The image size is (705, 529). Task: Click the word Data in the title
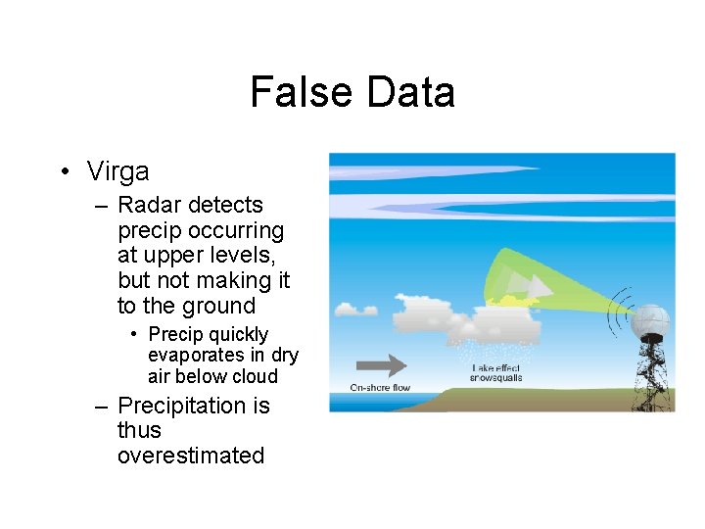410,93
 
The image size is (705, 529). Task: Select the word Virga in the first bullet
117,171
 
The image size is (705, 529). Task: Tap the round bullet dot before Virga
63,172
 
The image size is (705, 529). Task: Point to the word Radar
150,205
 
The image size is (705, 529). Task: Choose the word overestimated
190,456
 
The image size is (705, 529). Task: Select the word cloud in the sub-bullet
255,376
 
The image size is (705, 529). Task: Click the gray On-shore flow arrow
381,366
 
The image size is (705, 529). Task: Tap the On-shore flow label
380,388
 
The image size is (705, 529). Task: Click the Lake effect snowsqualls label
496,372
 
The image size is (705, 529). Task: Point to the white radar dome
650,321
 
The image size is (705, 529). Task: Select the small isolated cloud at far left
349,309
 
